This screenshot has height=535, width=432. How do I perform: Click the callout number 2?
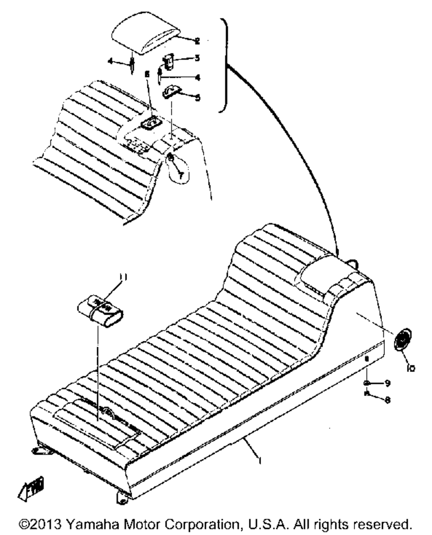click(197, 41)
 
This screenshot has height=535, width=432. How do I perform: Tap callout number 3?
click(197, 58)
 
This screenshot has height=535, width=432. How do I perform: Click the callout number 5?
click(197, 98)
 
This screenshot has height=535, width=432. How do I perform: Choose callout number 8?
click(388, 400)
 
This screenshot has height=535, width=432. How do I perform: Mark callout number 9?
click(388, 382)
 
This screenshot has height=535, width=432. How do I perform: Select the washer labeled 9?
click(367, 382)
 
